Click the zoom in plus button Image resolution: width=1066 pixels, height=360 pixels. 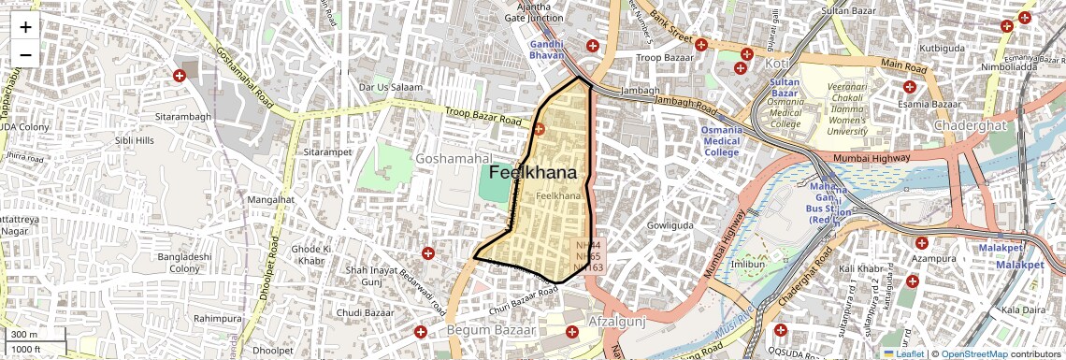tap(25, 26)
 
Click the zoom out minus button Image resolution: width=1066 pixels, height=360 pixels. tap(25, 54)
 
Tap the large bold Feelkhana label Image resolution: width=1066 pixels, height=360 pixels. tap(532, 173)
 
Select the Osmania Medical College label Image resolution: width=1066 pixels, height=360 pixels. tap(721, 140)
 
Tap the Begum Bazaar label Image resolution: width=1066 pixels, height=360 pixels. tap(490, 330)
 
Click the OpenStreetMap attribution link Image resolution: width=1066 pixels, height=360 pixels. tap(972, 353)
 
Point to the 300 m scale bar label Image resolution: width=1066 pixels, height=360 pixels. tap(23, 334)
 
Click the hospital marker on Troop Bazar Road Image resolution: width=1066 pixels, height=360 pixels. tap(540, 128)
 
